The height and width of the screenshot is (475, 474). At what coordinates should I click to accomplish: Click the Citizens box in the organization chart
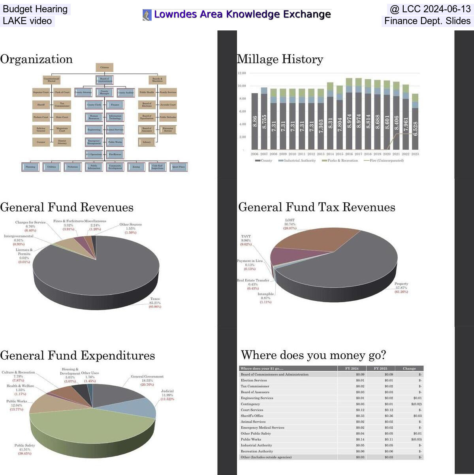104,68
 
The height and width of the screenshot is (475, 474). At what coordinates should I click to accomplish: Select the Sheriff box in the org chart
41,105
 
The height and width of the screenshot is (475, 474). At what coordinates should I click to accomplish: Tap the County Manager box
104,92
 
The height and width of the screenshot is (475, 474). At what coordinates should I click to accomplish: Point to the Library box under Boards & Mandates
147,142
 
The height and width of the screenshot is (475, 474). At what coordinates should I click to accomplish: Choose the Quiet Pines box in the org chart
178,167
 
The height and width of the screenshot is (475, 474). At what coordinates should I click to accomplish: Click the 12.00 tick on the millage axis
241,73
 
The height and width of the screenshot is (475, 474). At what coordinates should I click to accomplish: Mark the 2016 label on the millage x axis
349,154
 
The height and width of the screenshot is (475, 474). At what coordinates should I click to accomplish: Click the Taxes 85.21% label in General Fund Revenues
155,303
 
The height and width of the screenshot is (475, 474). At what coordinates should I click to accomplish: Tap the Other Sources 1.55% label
130,228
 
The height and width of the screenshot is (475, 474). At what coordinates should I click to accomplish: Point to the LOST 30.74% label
290,224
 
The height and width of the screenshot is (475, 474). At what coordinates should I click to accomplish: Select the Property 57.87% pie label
401,288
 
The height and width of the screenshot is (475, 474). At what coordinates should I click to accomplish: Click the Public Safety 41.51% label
24,449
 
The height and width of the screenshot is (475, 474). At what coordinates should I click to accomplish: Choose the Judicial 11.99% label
167,395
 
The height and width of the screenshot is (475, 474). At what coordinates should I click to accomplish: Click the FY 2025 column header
380,368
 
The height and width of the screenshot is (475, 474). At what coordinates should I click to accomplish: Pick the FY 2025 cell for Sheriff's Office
380,416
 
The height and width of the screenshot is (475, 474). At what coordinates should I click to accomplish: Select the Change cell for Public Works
409,439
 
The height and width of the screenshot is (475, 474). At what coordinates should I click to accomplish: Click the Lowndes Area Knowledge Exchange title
242,15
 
